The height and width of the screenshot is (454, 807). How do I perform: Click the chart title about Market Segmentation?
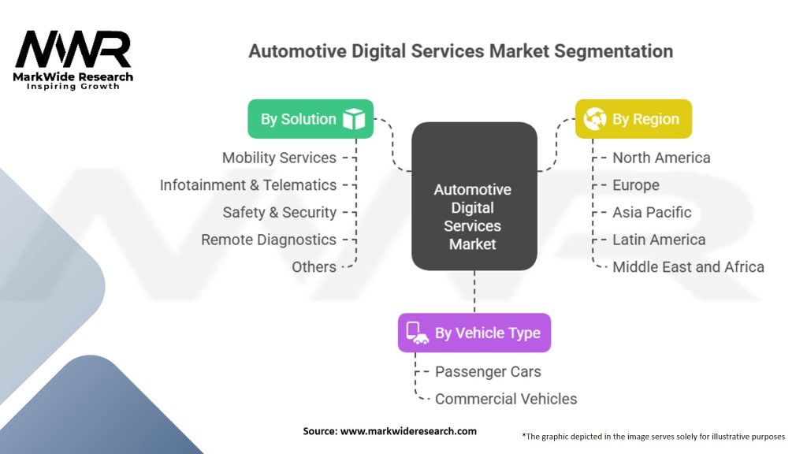(460, 52)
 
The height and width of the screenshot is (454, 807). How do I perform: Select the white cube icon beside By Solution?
(354, 119)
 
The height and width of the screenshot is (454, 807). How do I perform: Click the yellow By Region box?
(633, 119)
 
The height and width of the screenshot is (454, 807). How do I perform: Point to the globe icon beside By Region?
(594, 119)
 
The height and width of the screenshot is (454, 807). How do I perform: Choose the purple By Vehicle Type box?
(474, 333)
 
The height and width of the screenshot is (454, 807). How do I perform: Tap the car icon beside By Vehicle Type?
(418, 333)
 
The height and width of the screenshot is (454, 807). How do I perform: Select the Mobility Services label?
(279, 158)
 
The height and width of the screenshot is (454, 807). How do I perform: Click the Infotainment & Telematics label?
(248, 185)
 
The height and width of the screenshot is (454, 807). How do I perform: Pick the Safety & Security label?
(279, 212)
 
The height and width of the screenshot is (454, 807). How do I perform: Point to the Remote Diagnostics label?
(269, 240)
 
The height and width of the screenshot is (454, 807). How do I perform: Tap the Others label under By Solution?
(314, 267)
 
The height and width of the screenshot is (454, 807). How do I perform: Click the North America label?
(661, 158)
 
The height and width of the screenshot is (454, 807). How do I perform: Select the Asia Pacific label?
(652, 212)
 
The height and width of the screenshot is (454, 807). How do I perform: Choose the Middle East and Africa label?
(688, 267)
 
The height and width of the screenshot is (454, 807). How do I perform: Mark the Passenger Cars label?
(488, 371)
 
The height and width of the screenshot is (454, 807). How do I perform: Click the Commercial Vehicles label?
(506, 399)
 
